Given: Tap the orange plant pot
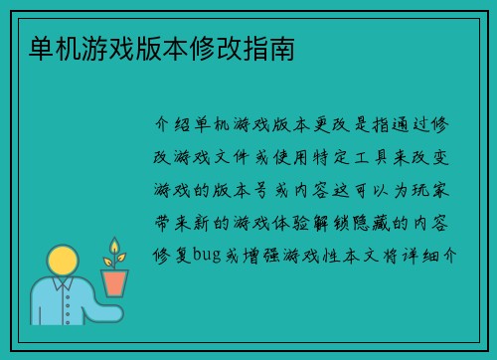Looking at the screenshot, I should [x=114, y=282].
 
